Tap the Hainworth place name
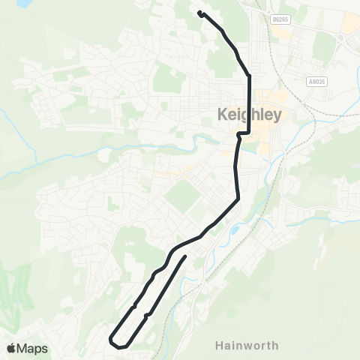tap(247, 346)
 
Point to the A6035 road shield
tap(317, 81)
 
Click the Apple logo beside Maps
tap(11, 348)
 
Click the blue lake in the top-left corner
tap(22, 3)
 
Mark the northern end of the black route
tap(199, 12)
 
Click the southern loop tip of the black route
tap(113, 341)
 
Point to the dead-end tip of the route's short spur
tap(185, 256)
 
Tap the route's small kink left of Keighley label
tap(238, 135)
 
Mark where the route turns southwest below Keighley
tap(238, 199)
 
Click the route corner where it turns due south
tap(248, 76)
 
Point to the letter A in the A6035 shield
tap(309, 81)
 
